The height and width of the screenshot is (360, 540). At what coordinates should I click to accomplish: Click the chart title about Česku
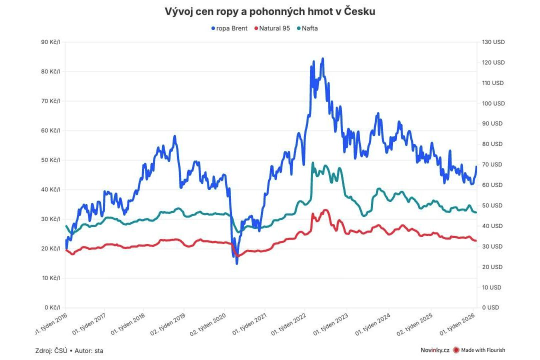270,11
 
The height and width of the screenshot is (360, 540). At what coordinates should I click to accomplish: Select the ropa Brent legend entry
229,28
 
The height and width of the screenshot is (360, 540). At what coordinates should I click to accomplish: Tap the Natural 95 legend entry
272,28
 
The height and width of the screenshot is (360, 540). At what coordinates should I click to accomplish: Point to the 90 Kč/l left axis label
50,42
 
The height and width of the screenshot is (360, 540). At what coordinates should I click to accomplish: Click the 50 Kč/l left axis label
50,160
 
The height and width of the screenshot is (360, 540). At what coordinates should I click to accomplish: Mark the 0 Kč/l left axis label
52,307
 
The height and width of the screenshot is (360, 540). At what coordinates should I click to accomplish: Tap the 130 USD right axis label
493,42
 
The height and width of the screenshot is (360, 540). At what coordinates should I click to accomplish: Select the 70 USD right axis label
493,164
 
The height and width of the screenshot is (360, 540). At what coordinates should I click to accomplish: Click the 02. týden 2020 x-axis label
207,325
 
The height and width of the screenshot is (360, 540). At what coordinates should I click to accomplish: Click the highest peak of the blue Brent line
322,58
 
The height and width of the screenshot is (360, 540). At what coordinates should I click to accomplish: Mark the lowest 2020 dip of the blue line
236,263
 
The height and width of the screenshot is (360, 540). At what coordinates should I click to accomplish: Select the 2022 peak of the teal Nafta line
312,163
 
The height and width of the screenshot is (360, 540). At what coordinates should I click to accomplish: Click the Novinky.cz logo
435,350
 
